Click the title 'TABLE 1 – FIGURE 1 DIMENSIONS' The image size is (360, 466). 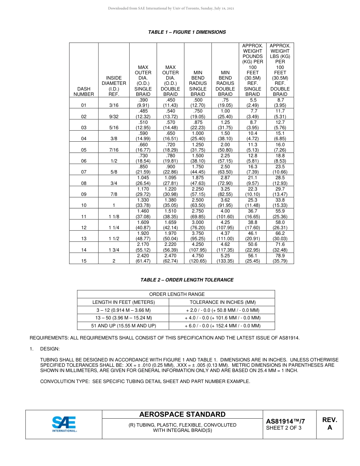pos(187,32)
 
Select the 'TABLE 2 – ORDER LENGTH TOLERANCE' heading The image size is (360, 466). pos(187,280)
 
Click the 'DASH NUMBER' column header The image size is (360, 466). pos(84,91)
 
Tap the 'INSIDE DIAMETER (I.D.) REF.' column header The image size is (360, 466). pos(114,86)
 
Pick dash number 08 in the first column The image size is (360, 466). pos(84,183)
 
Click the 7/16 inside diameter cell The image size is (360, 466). pos(114,150)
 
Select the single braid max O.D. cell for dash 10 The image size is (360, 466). pos(143,203)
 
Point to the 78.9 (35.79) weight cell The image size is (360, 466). pos(280,258)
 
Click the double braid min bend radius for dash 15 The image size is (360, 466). pos(225,258)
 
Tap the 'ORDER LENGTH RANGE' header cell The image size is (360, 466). pos(177,294)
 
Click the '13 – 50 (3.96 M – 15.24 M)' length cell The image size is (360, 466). pos(124,318)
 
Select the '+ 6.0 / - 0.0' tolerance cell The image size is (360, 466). pos(222,326)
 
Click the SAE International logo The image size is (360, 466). pos(64,424)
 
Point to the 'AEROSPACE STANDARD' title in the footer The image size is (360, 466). pos(182,414)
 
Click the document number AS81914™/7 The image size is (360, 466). pos(285,421)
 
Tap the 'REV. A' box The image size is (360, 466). pos(329,424)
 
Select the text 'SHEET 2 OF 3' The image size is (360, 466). pos(284,428)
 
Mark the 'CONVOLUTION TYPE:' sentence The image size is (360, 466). pos(145,382)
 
